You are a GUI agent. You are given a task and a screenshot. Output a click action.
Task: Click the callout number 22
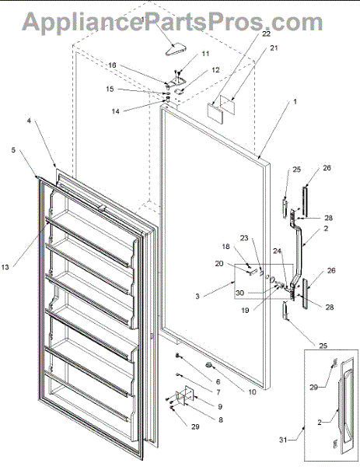click(x=266, y=33)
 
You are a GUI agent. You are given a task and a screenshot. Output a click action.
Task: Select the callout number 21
click(x=274, y=47)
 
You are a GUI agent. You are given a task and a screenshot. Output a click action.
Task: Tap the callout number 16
click(x=112, y=65)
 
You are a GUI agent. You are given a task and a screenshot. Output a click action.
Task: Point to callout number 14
click(x=115, y=111)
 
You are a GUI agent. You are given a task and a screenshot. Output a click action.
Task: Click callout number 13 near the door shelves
click(x=5, y=267)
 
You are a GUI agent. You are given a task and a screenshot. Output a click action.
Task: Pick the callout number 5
click(x=13, y=149)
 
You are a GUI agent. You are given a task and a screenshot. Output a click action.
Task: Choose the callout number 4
click(x=29, y=121)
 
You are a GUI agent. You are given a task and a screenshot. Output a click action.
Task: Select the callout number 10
click(x=252, y=392)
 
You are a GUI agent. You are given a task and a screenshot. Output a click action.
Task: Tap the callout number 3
click(x=197, y=297)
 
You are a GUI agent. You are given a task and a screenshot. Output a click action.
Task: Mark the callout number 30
click(x=239, y=293)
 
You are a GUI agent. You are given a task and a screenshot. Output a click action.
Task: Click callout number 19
click(x=245, y=311)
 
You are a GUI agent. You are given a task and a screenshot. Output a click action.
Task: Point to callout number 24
click(x=278, y=251)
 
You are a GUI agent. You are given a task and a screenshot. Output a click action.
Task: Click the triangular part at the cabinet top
click(x=176, y=50)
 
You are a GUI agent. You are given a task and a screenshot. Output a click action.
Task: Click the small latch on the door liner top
click(x=101, y=208)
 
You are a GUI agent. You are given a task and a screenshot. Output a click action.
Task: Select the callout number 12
click(x=215, y=70)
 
